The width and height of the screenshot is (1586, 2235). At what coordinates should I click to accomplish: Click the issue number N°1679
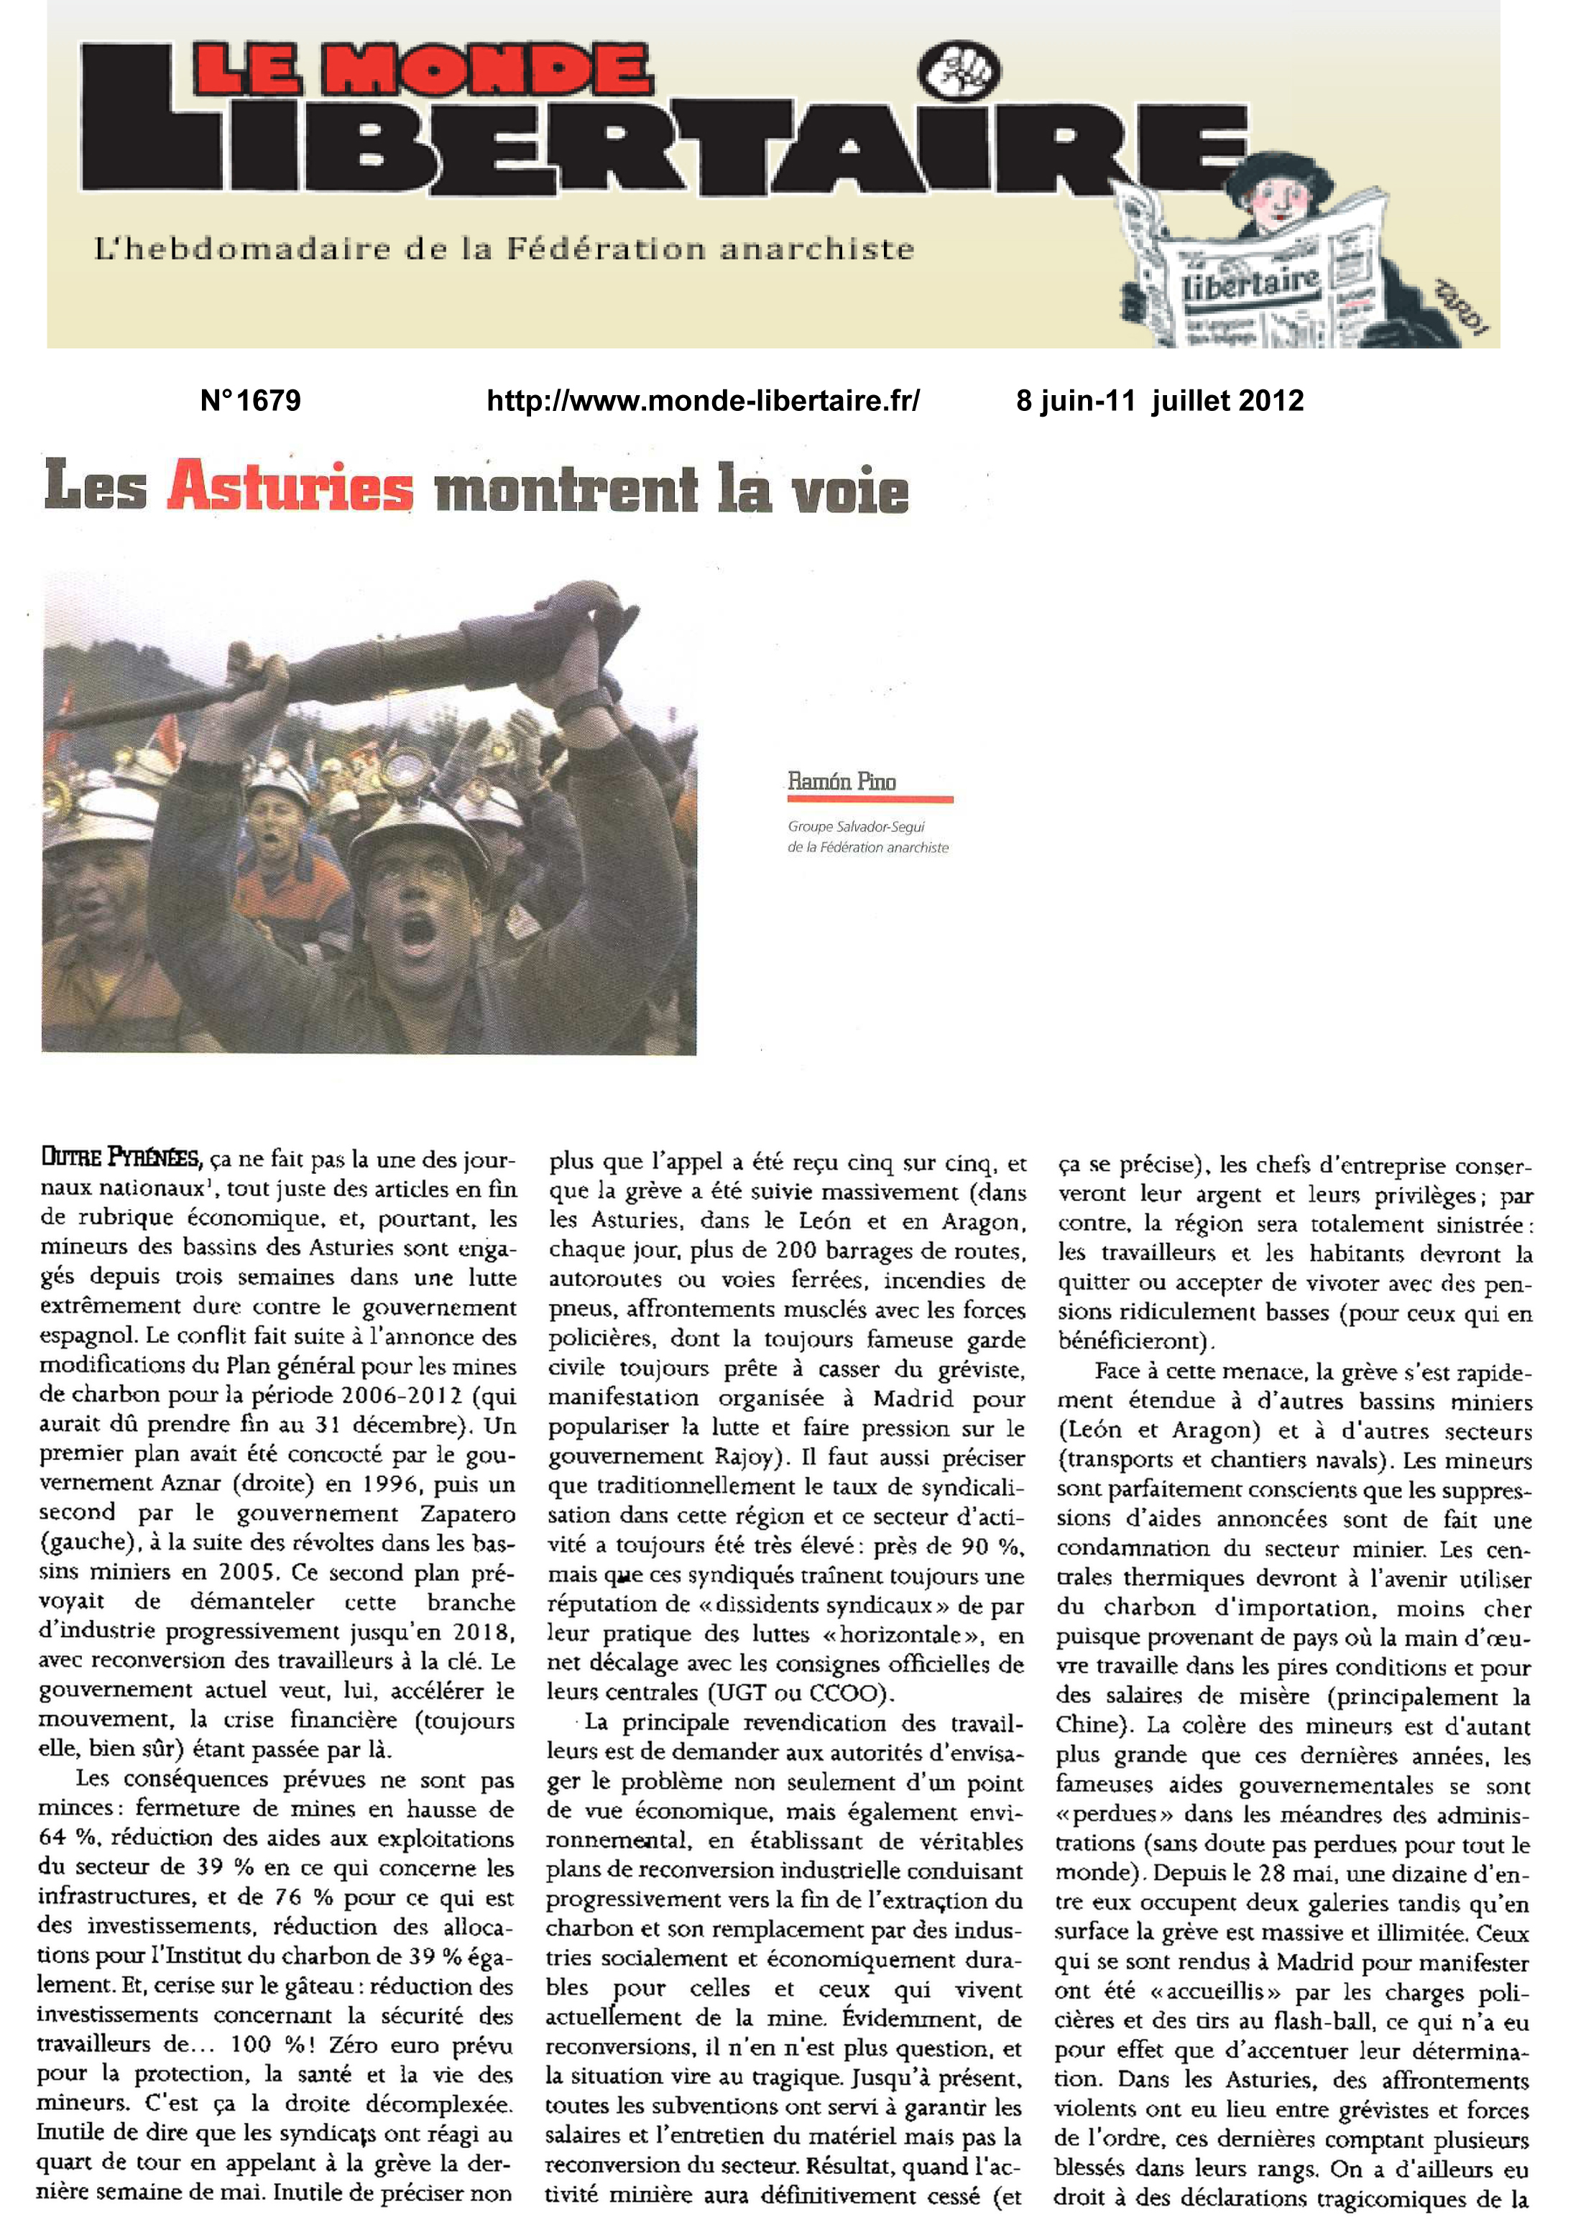point(250,400)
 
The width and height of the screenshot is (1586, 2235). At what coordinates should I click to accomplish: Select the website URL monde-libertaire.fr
point(703,400)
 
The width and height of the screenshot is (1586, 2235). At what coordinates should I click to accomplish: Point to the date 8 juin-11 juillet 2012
point(1159,400)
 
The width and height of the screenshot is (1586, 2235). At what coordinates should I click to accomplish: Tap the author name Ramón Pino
point(841,781)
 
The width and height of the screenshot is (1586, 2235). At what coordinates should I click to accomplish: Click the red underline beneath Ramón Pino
point(870,800)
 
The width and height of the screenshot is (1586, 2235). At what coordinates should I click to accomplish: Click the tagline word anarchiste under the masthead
point(816,249)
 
